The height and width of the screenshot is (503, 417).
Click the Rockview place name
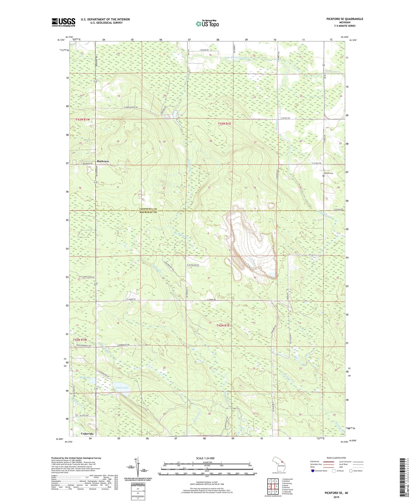tap(103, 161)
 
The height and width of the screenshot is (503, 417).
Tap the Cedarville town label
tap(87, 433)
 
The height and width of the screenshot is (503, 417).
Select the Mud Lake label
tap(85, 378)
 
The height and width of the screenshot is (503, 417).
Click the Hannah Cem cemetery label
tap(328, 173)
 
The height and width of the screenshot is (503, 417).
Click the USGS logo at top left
tap(63, 22)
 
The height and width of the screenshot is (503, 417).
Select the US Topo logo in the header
tap(207, 24)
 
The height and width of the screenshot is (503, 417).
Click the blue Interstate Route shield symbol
tap(313, 471)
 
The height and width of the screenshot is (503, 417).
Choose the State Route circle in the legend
tap(351, 471)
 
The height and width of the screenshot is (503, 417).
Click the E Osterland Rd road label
tap(193, 265)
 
